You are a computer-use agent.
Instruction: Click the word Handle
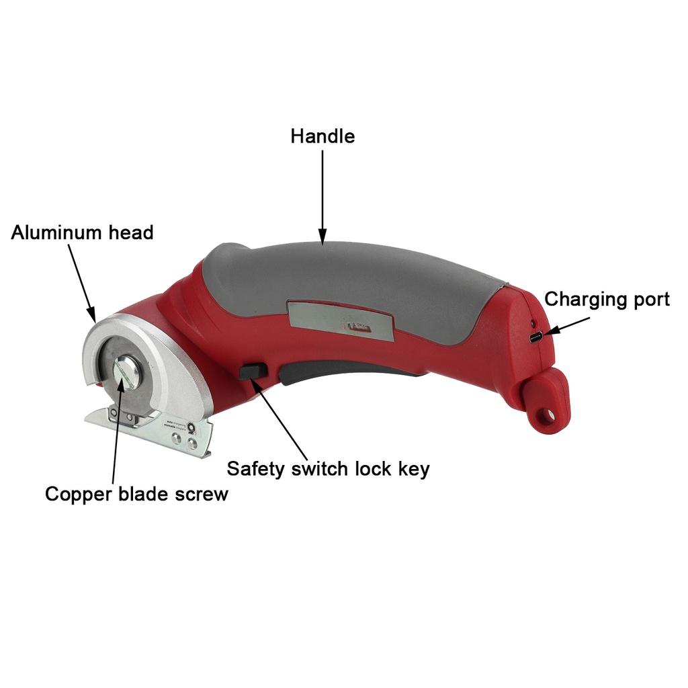322,136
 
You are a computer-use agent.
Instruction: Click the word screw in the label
202,495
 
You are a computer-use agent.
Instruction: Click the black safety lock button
252,372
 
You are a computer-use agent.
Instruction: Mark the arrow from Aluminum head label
83,282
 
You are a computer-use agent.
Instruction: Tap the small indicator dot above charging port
531,320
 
